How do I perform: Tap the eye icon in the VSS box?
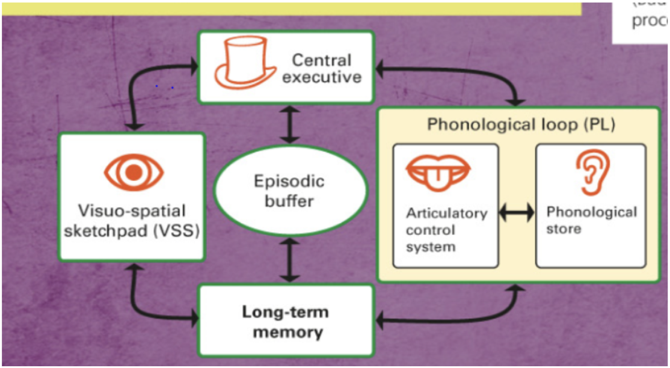[x=134, y=172]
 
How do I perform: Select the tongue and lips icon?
[x=438, y=171]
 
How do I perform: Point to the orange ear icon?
[x=591, y=173]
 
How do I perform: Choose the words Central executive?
[x=322, y=69]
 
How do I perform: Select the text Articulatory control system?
[x=446, y=230]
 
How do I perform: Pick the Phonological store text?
[x=591, y=220]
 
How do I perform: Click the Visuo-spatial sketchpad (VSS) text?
[x=131, y=221]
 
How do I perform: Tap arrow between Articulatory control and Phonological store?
[x=517, y=212]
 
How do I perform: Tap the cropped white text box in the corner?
[x=641, y=22]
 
